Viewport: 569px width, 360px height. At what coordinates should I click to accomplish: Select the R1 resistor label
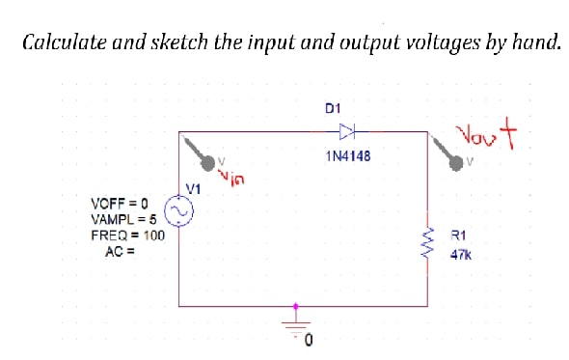(459, 235)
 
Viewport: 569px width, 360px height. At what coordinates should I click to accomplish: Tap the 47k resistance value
(460, 256)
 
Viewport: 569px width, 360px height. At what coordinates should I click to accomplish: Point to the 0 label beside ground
(309, 341)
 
